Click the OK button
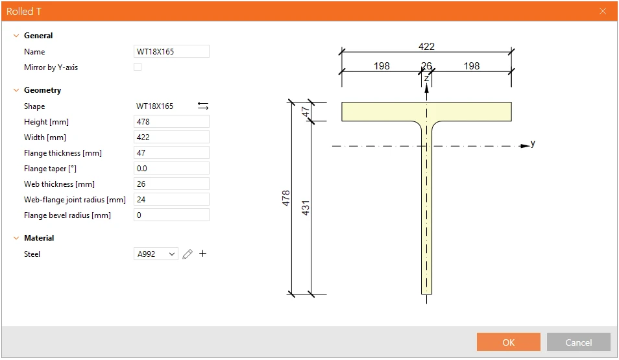[x=508, y=342]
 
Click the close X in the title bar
[x=602, y=11]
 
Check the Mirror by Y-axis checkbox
[x=138, y=67]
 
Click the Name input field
[x=171, y=51]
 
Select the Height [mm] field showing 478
[x=171, y=121]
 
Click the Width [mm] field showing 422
[x=171, y=137]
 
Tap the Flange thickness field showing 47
[x=171, y=153]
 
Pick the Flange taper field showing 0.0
[x=171, y=168]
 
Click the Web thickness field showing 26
[x=171, y=184]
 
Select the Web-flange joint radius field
[x=171, y=199]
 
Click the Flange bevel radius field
[x=171, y=215]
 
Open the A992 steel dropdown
[x=156, y=254]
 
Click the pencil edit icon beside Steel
[x=188, y=254]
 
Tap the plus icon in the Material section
[x=202, y=254]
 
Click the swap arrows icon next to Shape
[x=203, y=106]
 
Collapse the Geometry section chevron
[x=16, y=90]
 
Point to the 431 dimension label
[x=306, y=208]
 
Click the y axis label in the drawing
[x=533, y=143]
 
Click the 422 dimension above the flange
[x=426, y=47]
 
